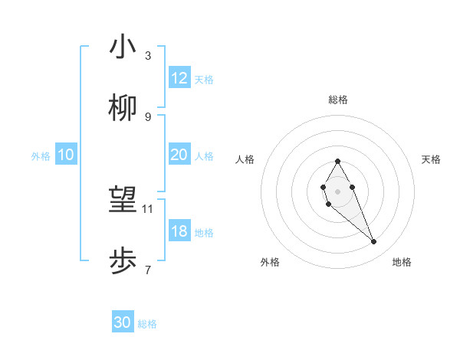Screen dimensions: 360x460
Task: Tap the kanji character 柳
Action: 123,110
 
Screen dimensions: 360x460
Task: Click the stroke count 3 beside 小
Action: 148,56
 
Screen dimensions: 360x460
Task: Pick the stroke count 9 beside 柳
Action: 148,116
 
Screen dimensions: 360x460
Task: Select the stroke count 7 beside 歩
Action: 148,270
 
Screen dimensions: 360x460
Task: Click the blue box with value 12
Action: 179,78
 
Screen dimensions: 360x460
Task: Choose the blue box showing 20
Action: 179,155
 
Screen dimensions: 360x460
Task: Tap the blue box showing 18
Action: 179,231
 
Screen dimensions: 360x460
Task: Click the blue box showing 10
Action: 66,155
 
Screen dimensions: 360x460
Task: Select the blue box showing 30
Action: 123,322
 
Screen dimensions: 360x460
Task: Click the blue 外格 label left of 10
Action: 41,156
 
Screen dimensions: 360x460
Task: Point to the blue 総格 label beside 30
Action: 147,324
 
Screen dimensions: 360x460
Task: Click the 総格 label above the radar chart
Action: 338,100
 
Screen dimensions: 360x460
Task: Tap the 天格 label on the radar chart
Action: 432,159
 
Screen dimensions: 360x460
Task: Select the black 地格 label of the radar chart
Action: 402,262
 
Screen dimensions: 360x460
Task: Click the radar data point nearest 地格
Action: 374,242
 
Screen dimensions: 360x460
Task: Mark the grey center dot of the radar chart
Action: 337,191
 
